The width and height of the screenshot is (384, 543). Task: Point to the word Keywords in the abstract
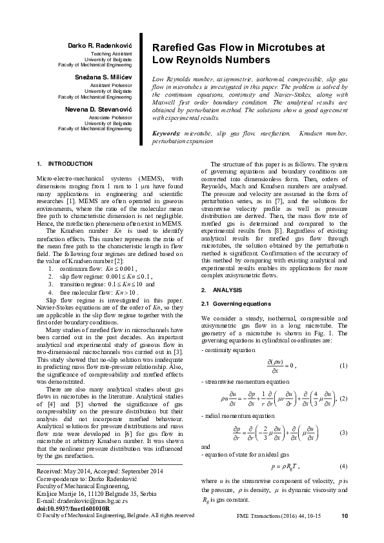click(x=167, y=133)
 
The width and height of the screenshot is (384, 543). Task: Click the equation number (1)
click(x=343, y=366)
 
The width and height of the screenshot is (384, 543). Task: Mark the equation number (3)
click(x=343, y=432)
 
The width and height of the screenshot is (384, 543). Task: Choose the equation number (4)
click(x=343, y=466)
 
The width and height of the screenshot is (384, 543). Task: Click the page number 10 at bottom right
click(x=344, y=533)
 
